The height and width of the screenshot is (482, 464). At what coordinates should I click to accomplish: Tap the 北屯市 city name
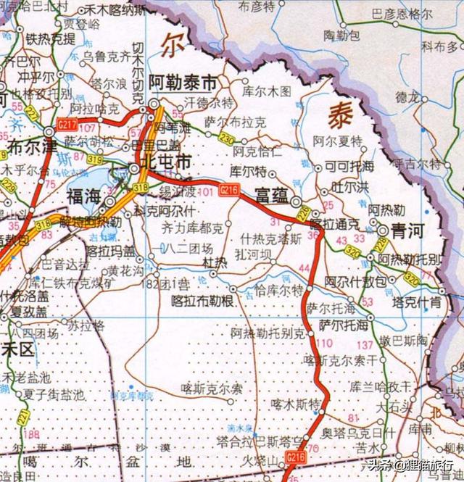166,162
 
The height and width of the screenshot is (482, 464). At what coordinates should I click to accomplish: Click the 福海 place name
83,196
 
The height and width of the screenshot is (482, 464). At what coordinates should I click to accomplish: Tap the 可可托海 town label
347,166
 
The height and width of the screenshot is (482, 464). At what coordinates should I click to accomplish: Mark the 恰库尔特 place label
279,291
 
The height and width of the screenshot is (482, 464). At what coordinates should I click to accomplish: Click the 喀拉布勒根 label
202,300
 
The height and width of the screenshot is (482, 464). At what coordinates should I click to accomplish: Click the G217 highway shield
66,126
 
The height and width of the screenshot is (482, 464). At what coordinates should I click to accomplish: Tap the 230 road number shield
227,138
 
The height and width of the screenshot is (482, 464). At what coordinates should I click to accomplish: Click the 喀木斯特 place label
295,402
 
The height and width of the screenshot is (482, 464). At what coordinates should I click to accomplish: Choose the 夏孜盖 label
29,312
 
